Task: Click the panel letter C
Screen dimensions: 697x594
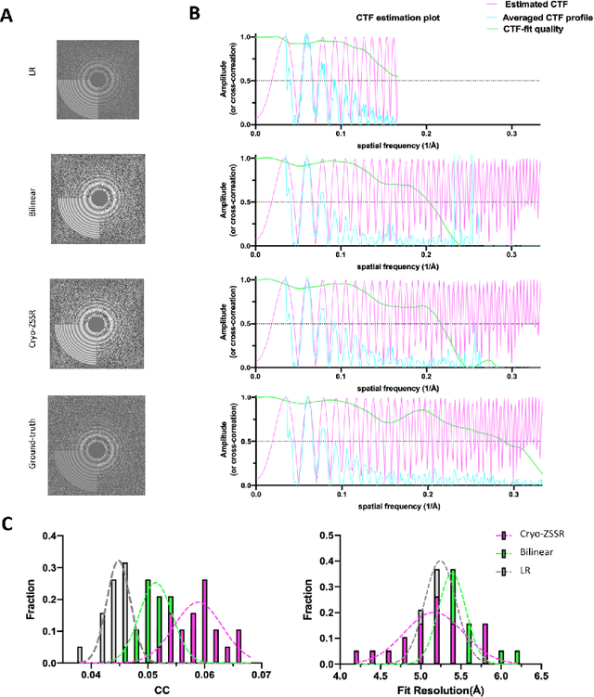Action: (x=11, y=522)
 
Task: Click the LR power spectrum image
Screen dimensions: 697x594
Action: (x=97, y=80)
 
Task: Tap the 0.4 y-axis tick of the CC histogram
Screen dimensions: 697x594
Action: (x=52, y=536)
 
